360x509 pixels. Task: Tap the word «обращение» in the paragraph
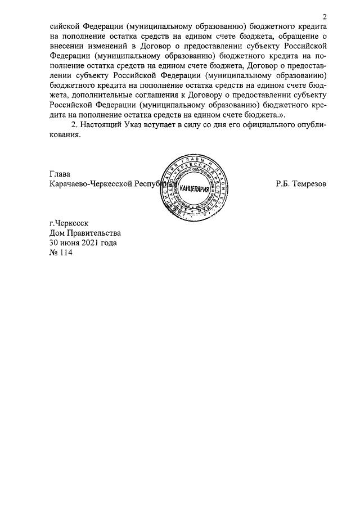tap(296, 35)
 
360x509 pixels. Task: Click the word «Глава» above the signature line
tap(60, 174)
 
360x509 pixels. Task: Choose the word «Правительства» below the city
tap(94, 233)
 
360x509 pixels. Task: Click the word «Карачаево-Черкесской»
tap(89, 184)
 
